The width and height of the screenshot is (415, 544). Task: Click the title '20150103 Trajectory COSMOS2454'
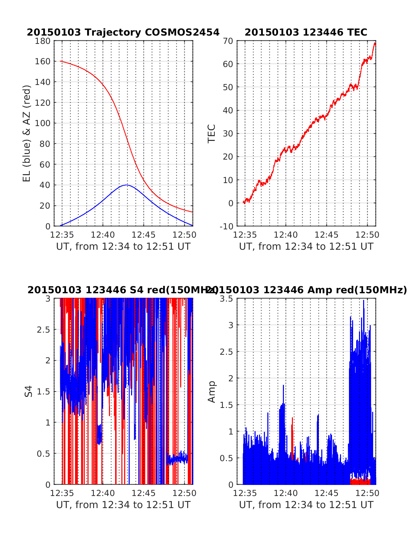[x=123, y=32]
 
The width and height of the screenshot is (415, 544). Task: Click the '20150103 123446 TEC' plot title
[x=306, y=32]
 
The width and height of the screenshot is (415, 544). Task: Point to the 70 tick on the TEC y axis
[x=230, y=41]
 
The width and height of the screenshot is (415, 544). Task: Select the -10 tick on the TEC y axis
[x=227, y=226]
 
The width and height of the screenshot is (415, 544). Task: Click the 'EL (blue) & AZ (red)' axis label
[x=27, y=133]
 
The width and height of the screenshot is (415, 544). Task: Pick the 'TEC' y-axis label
[x=211, y=134]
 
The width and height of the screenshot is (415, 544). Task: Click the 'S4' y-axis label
[x=29, y=391]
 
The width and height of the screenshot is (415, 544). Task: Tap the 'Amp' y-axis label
[x=211, y=392]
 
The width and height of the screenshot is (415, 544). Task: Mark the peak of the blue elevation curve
[x=127, y=185]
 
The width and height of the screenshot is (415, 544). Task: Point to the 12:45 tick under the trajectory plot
[x=144, y=235]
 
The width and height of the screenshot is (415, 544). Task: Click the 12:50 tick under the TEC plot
[x=368, y=235]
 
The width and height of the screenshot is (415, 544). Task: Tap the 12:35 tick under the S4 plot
[x=62, y=493]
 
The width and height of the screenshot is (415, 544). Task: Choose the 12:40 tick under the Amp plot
[x=286, y=493]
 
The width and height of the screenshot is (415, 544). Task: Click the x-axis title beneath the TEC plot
[x=306, y=247]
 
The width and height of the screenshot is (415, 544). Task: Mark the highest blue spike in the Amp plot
[x=363, y=301]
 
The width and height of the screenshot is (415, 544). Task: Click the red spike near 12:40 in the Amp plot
[x=292, y=419]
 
